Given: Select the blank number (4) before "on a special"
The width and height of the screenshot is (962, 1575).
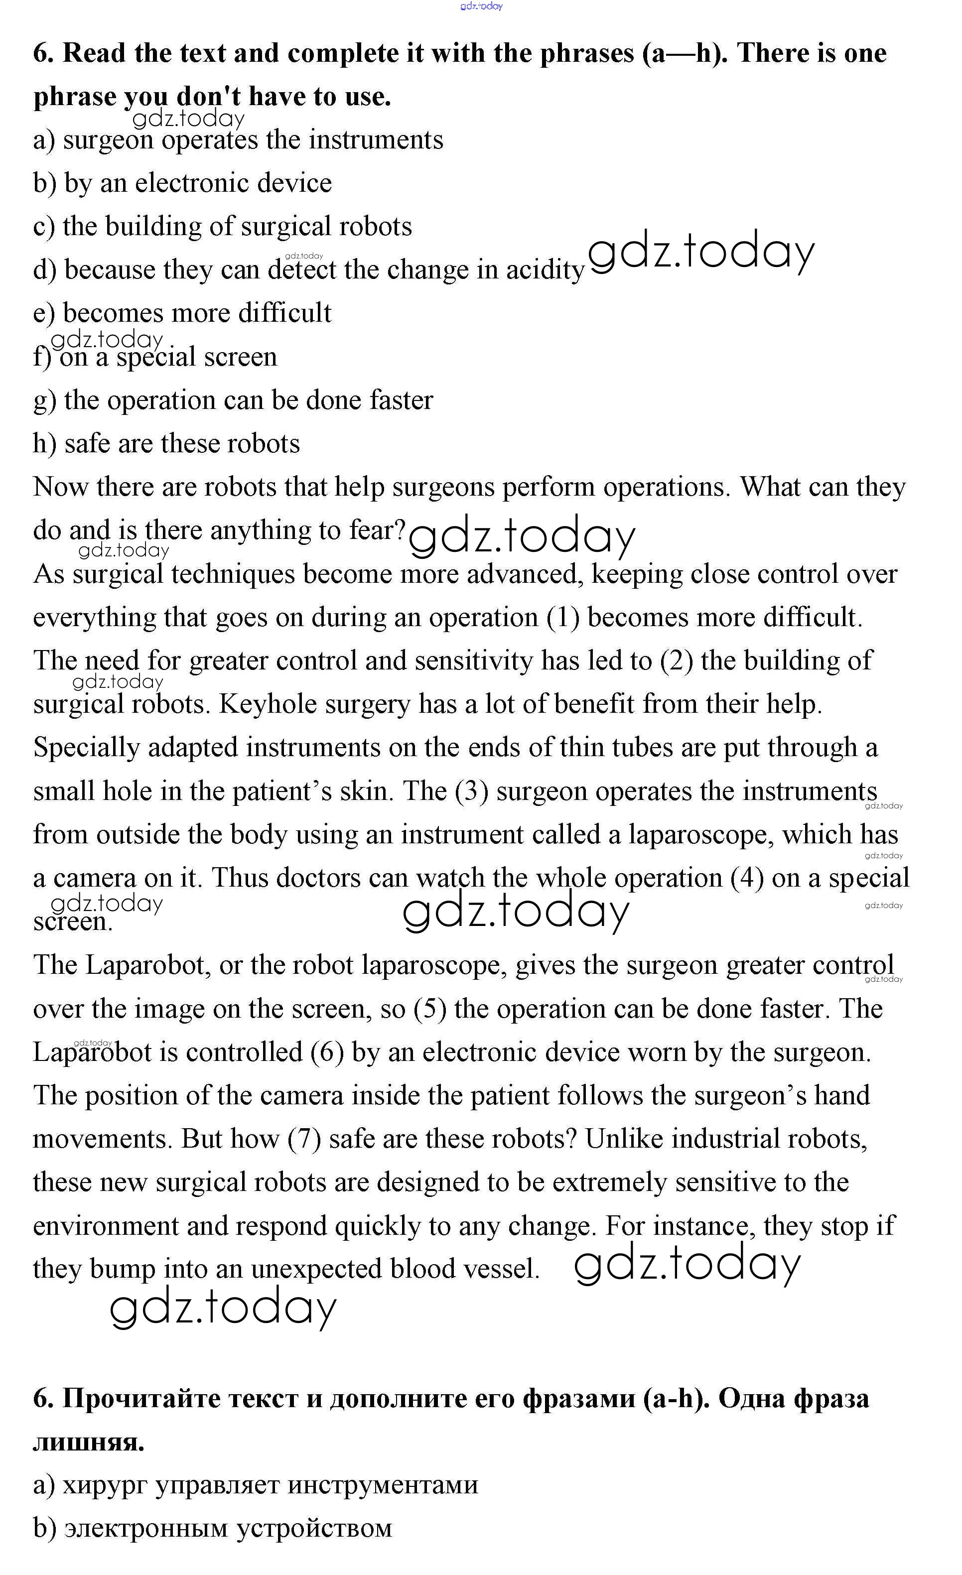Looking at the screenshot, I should [747, 878].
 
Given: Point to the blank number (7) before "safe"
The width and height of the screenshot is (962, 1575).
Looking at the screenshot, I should [303, 1139].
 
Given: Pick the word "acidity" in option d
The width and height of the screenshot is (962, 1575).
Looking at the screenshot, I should [545, 270].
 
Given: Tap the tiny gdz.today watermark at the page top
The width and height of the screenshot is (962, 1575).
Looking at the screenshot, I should [481, 6].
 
